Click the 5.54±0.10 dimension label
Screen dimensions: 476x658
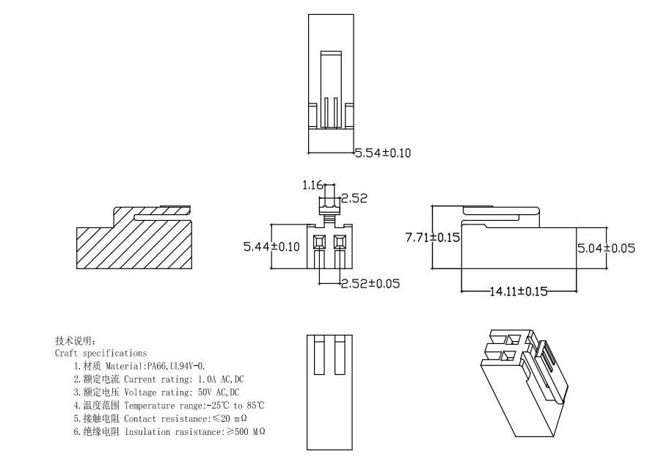[x=383, y=153]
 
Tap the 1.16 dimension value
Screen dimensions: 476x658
[x=312, y=186]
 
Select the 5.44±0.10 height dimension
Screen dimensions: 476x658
[x=271, y=247]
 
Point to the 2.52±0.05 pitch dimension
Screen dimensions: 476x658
[x=370, y=283]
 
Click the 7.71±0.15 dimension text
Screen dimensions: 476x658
[x=432, y=237]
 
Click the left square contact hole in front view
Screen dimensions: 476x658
[x=319, y=241]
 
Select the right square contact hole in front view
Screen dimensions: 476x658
[x=339, y=241]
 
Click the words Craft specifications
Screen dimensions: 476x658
[x=100, y=353]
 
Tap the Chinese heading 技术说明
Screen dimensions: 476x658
[x=74, y=341]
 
